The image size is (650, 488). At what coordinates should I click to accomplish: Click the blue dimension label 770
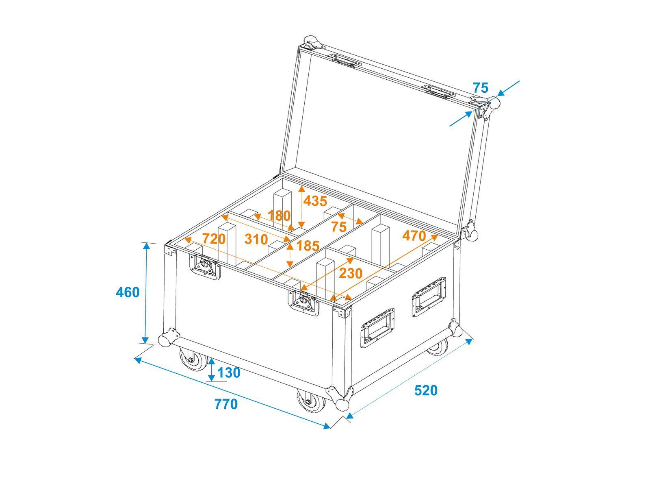(x=226, y=404)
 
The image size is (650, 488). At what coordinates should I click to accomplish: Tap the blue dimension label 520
(x=426, y=390)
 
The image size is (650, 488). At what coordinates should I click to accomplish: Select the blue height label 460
(x=128, y=292)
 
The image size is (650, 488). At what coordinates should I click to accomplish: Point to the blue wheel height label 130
(x=229, y=372)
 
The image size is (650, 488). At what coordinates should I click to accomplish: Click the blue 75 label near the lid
(x=480, y=87)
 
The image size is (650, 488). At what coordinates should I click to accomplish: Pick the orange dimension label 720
(x=214, y=239)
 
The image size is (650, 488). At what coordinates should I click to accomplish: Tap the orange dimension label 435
(x=315, y=201)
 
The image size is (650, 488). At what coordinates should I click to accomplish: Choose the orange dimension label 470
(x=414, y=236)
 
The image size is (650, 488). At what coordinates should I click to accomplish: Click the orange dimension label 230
(x=351, y=273)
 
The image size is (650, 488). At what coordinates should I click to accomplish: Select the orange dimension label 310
(x=256, y=239)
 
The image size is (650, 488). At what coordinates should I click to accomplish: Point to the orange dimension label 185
(x=308, y=246)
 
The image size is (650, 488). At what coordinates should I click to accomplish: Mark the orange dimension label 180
(x=279, y=216)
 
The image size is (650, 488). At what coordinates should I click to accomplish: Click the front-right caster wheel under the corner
(x=310, y=401)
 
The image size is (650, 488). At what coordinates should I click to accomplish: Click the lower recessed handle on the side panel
(x=377, y=327)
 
